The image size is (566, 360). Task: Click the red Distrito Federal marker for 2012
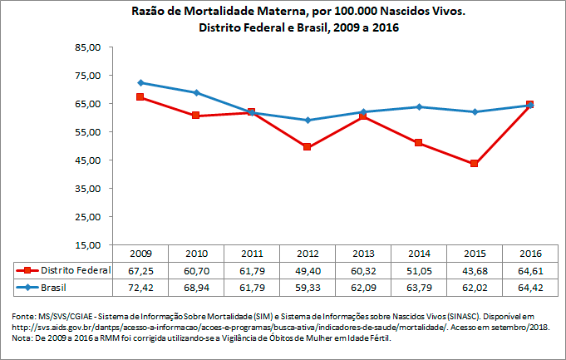click(x=308, y=147)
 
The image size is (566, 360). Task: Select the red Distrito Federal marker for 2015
click(x=475, y=163)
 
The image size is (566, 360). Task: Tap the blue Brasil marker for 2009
click(x=140, y=82)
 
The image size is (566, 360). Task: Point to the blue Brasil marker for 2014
click(x=419, y=106)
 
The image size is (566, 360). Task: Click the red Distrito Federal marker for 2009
click(x=140, y=97)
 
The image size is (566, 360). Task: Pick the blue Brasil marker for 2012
click(x=308, y=120)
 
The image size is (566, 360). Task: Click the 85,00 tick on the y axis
click(x=87, y=47)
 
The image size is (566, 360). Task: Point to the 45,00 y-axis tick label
click(x=87, y=160)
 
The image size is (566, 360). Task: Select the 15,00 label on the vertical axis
click(x=87, y=245)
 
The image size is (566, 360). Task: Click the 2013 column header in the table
click(x=363, y=253)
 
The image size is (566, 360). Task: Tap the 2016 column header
click(x=530, y=253)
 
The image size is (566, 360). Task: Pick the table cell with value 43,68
click(x=475, y=270)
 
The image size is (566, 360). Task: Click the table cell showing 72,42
click(x=140, y=287)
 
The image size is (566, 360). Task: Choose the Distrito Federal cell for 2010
click(x=196, y=270)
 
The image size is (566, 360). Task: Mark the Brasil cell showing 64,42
click(x=530, y=287)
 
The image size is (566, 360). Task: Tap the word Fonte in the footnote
click(x=22, y=317)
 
